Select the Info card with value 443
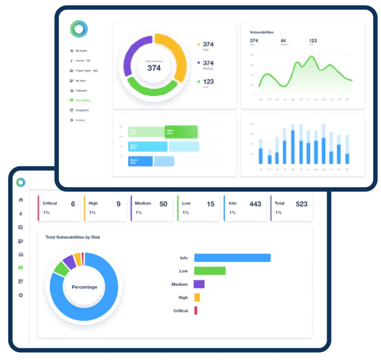[x=244, y=207]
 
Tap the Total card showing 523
[x=291, y=207]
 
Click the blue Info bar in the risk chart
[x=232, y=258]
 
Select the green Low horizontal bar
[x=210, y=271]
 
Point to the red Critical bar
[x=196, y=310]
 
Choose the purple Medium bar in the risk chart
[x=199, y=284]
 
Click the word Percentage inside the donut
[x=84, y=287]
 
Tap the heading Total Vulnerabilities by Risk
[x=73, y=237]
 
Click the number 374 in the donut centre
[x=154, y=68]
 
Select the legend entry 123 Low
[x=208, y=82]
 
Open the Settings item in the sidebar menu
[x=80, y=120]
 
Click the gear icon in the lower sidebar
[x=21, y=295]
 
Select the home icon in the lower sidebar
[x=21, y=200]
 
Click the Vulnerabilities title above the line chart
[x=262, y=32]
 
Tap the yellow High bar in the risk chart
[x=197, y=297]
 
